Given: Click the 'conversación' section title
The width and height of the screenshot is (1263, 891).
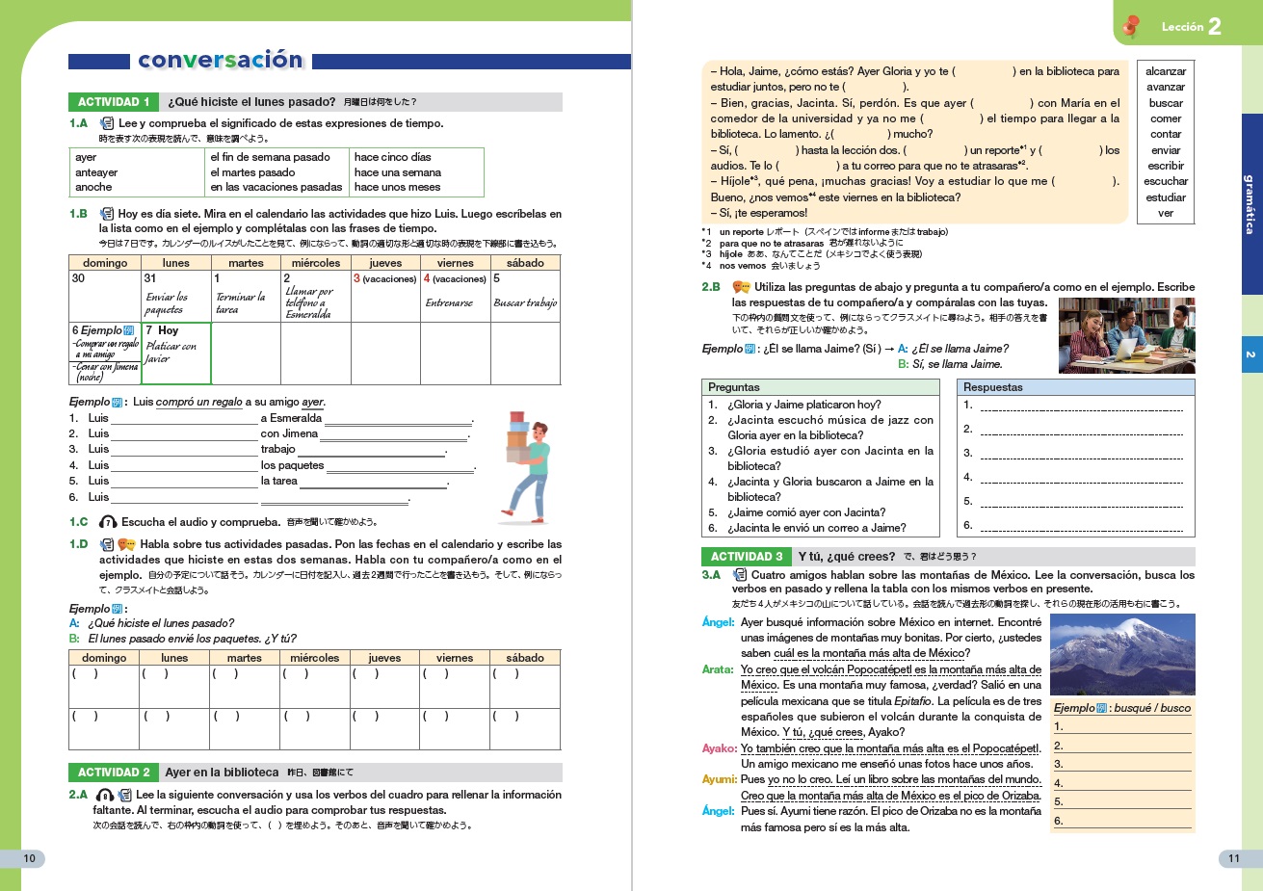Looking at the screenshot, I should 221,61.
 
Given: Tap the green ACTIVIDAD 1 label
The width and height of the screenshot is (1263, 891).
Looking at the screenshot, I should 113,102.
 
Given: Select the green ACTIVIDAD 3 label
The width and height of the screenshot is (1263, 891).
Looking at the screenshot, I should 746,557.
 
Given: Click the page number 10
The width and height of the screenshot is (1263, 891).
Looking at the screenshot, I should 30,858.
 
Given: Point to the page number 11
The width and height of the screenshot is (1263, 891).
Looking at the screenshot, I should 1234,858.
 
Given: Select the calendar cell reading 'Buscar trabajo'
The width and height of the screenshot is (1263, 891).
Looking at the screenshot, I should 525,302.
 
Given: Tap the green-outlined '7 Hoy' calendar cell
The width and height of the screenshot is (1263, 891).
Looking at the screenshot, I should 175,353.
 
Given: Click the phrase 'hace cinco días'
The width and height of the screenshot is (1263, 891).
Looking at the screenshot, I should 393,157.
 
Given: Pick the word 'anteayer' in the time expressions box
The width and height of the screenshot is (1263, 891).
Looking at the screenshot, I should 95,172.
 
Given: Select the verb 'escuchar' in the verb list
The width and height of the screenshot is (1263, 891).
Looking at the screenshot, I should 1166,181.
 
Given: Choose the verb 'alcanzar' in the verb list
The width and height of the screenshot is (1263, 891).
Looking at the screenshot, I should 1166,71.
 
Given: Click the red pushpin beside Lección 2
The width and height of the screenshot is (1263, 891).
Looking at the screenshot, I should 1131,26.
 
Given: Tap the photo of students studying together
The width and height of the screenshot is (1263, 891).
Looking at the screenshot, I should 1126,335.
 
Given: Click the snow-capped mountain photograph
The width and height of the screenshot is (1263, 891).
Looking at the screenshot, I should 1122,654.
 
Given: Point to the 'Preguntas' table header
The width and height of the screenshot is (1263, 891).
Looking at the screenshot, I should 734,387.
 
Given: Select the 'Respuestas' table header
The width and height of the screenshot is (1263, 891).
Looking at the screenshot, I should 992,387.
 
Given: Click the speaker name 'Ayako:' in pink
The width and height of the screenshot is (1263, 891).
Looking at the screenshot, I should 720,748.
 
